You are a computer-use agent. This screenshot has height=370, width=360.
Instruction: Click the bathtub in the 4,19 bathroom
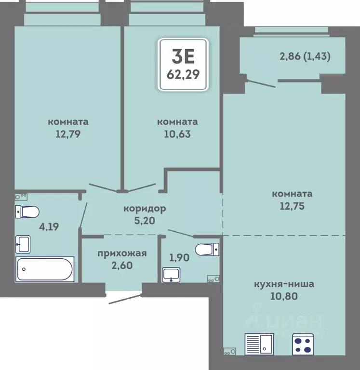[45, 269]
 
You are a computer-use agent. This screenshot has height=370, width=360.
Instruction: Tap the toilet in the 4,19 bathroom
[27, 211]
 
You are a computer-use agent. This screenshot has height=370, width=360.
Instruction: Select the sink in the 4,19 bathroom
[23, 244]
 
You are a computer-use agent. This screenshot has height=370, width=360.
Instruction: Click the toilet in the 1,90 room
[207, 250]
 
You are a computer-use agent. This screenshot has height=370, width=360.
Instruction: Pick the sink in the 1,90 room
[171, 275]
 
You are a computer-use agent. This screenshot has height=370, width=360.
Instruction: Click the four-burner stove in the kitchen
[303, 344]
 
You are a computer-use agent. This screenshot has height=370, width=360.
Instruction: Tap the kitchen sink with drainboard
[259, 344]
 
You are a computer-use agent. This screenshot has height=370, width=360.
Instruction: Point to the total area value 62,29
[183, 75]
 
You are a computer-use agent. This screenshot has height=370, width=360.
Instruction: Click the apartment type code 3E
[183, 57]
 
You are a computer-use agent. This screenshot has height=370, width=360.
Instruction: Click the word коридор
[145, 209]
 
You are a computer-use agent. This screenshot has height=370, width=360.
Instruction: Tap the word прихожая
[122, 254]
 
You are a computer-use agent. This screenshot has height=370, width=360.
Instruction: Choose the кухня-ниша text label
[284, 284]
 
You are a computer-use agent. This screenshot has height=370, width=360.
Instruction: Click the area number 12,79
[68, 134]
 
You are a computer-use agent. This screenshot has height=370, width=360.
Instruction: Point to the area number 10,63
[177, 134]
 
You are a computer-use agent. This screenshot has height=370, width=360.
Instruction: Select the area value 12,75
[292, 206]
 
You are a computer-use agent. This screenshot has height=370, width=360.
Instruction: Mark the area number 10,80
[284, 296]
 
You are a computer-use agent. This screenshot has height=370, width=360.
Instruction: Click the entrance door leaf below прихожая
[125, 299]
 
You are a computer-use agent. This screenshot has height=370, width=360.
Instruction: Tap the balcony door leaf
[260, 84]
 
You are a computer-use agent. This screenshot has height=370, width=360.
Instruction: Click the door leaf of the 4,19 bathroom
[83, 215]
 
